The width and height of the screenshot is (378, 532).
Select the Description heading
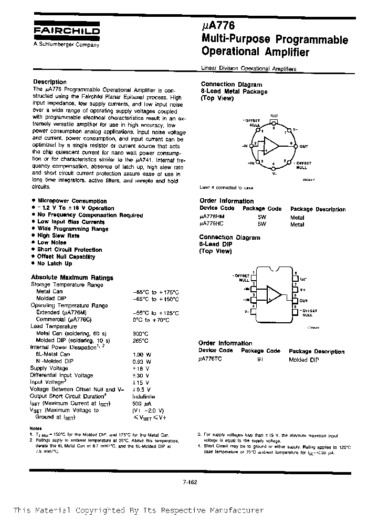50,82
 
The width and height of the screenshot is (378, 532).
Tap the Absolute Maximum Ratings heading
72,277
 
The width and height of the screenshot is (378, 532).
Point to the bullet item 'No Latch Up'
55,263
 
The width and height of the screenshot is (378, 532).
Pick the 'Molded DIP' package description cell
304,360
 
